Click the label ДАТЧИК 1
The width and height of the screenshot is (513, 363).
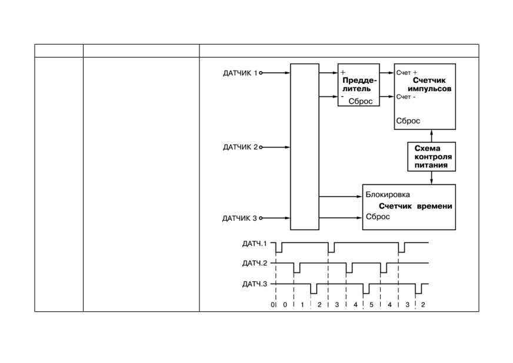click(x=240, y=73)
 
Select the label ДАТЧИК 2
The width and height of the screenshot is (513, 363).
click(x=240, y=147)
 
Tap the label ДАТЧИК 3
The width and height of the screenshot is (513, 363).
click(x=239, y=219)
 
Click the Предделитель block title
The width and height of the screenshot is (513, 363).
click(x=359, y=85)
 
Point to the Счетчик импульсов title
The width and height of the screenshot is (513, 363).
click(x=429, y=85)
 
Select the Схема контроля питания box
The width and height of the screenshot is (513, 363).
click(x=432, y=156)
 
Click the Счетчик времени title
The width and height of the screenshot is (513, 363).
click(x=415, y=206)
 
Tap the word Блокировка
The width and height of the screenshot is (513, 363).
click(x=388, y=195)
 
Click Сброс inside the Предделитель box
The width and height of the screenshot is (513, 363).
click(x=361, y=101)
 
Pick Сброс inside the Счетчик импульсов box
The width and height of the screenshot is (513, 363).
click(x=408, y=121)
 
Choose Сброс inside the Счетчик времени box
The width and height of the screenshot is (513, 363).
click(x=378, y=217)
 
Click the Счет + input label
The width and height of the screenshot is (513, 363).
click(x=407, y=72)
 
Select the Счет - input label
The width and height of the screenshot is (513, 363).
click(x=406, y=97)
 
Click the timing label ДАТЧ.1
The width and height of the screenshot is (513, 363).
click(x=255, y=244)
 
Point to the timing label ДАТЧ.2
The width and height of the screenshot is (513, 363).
click(x=255, y=263)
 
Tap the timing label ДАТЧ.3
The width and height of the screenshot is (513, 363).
click(x=255, y=284)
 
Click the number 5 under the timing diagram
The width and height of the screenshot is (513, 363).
click(x=371, y=305)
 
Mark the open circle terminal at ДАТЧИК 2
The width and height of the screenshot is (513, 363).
click(x=261, y=147)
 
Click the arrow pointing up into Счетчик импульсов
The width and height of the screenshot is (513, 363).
click(x=432, y=136)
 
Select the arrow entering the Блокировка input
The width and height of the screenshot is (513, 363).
click(x=341, y=196)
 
